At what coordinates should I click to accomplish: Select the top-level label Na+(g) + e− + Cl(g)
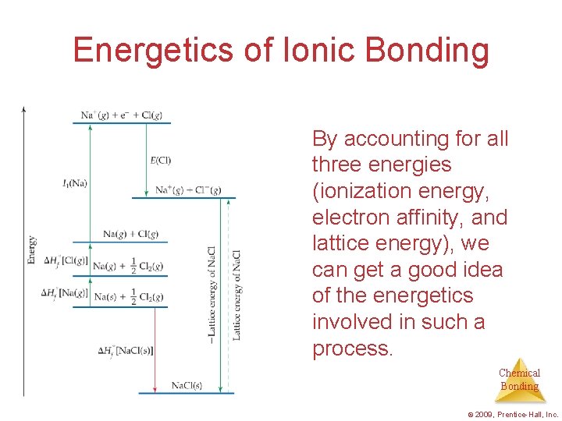click(121, 115)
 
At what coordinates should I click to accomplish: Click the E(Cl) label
click(160, 161)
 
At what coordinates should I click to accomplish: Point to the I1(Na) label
click(74, 183)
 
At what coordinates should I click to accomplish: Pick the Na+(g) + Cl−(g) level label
click(188, 189)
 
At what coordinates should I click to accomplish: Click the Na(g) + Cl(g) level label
click(130, 234)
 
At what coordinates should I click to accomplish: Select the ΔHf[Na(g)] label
click(65, 293)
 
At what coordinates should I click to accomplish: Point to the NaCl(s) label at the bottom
click(187, 385)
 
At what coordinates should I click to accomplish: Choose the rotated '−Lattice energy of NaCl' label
click(212, 292)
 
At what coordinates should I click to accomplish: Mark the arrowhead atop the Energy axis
click(24, 109)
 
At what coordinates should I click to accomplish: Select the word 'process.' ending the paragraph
click(352, 348)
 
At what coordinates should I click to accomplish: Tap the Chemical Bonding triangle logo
click(519, 380)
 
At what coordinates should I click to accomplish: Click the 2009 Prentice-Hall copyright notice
click(512, 415)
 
